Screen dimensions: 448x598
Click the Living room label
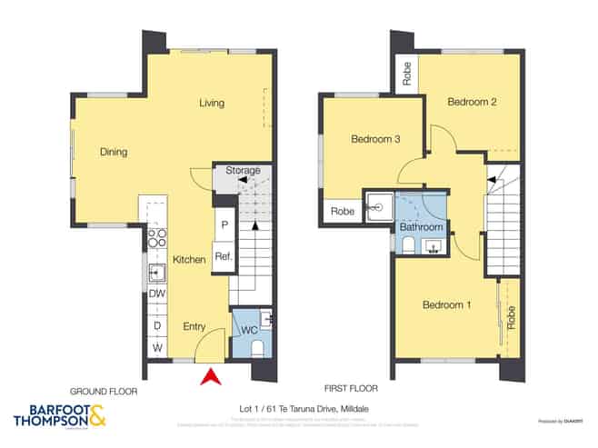(212, 103)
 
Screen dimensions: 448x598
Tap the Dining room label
(114, 152)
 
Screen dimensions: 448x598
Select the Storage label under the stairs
(243, 170)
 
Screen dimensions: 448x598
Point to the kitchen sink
(156, 271)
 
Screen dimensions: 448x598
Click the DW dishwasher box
(156, 294)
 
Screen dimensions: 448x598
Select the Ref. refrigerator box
(223, 257)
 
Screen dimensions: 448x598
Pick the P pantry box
(223, 224)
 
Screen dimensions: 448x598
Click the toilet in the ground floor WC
(256, 348)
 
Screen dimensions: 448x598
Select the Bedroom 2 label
(472, 103)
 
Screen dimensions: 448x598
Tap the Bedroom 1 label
(446, 304)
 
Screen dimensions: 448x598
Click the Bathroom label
(424, 226)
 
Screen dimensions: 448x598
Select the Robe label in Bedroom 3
(342, 211)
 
